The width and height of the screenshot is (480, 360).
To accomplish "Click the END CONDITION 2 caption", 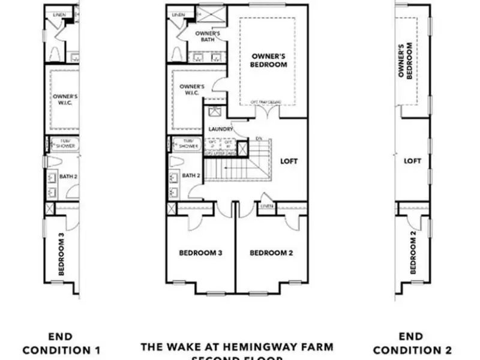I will click(x=412, y=343).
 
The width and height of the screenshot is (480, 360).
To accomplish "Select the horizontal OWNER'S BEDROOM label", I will click(x=268, y=61).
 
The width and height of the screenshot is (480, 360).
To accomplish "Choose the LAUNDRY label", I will click(x=220, y=129).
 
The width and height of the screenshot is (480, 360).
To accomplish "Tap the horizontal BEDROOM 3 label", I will click(x=201, y=253).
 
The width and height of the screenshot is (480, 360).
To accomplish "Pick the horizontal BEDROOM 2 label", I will click(x=271, y=253).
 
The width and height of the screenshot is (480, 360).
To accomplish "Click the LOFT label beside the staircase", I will click(x=289, y=161).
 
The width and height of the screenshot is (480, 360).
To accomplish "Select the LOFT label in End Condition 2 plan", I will click(x=412, y=161).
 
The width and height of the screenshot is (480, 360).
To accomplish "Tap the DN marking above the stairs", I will click(x=259, y=139).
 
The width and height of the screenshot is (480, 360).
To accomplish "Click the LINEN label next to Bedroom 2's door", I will click(x=266, y=207).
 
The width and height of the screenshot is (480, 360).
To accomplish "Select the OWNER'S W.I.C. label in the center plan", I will click(x=192, y=91).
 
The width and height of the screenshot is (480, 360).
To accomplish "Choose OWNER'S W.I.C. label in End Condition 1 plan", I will click(x=65, y=100).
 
